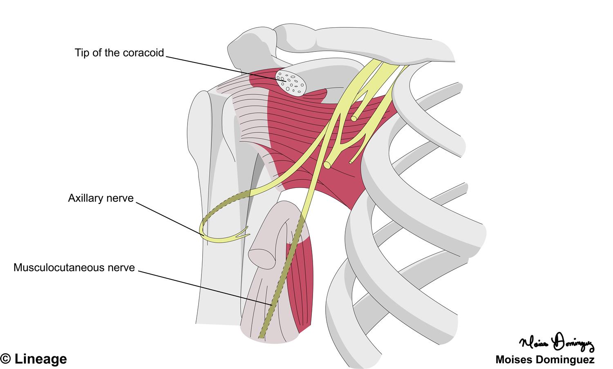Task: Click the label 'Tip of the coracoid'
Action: click(x=119, y=53)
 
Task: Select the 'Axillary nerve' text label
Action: click(x=101, y=198)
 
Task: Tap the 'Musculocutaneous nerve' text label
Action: click(x=74, y=268)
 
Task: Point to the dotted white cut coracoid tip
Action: click(x=291, y=82)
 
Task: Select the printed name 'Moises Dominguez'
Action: click(x=545, y=360)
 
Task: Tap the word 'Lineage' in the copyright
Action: click(x=40, y=359)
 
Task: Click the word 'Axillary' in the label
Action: click(x=84, y=198)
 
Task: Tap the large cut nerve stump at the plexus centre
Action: click(x=327, y=165)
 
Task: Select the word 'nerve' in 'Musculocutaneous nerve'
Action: click(x=123, y=268)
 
